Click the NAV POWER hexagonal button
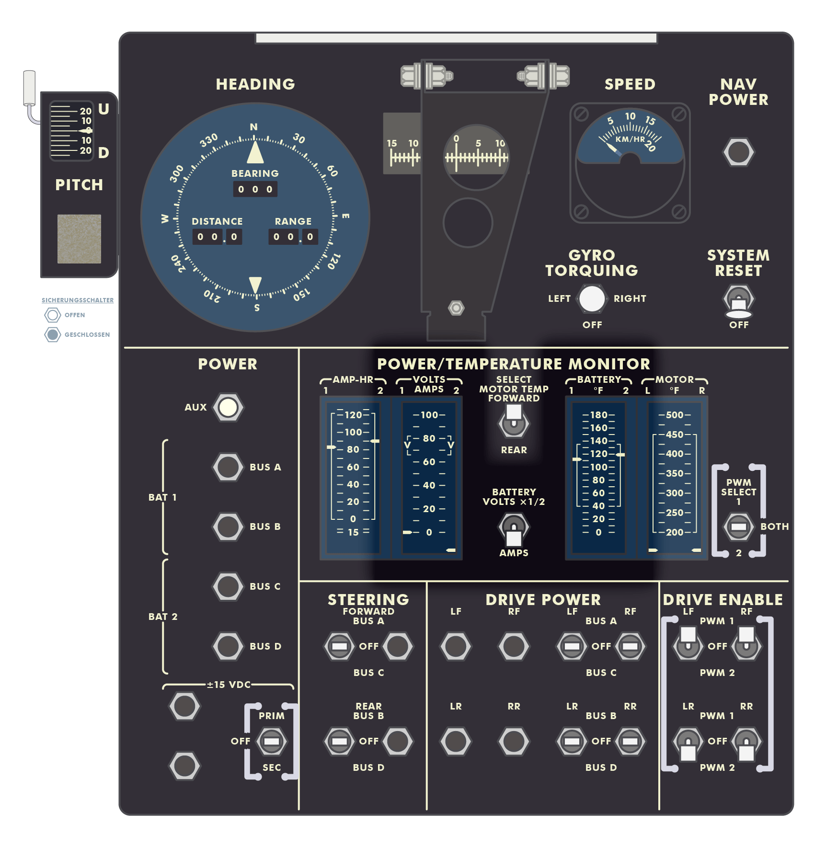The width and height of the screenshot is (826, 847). coord(738,152)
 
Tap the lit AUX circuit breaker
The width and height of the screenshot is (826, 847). coord(228,407)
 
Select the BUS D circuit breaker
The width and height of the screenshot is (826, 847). coord(228,646)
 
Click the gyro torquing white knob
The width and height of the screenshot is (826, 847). coord(592,298)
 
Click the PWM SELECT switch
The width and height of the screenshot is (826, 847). coord(738,527)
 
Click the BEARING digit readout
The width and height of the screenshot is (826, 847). coord(255,189)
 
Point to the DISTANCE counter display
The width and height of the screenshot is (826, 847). coord(217,237)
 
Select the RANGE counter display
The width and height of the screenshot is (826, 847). coord(293,237)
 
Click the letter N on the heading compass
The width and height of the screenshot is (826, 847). coord(254,127)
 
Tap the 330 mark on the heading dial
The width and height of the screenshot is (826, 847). coord(209,140)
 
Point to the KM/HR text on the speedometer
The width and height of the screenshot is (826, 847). coord(630,139)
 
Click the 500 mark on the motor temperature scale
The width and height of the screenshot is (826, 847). coord(675,415)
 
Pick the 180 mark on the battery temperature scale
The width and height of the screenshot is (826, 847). coord(598,415)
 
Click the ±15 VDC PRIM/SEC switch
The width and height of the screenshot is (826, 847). coord(271,741)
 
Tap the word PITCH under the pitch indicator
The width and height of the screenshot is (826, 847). coord(79,185)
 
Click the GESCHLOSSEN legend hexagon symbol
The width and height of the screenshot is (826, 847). coord(53,334)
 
